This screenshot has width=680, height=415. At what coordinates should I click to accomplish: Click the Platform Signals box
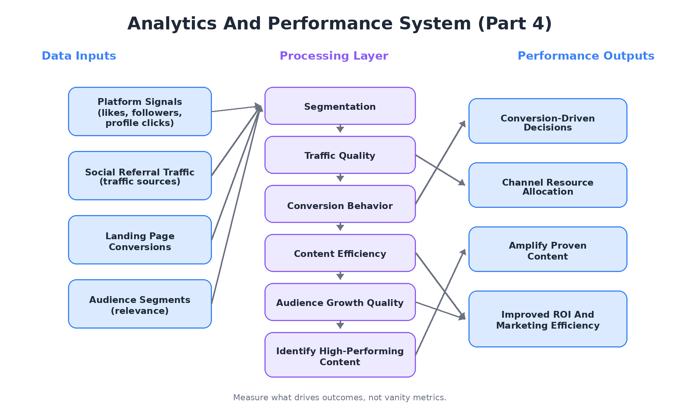(x=140, y=112)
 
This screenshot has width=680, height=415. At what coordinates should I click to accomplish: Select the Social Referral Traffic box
(x=140, y=176)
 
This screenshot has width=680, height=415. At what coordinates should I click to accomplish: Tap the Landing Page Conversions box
(x=140, y=240)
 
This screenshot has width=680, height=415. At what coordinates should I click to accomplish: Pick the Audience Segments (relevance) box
(x=140, y=304)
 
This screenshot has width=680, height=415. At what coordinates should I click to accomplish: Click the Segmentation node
(x=340, y=106)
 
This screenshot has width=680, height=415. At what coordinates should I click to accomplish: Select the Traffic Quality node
(x=340, y=155)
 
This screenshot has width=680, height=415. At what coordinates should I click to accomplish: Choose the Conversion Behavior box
(x=340, y=204)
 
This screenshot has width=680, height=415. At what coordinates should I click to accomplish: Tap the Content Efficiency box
(x=340, y=253)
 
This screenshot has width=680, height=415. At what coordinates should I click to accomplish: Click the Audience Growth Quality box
(x=340, y=302)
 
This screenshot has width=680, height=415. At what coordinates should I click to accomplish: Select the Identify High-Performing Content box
(x=340, y=355)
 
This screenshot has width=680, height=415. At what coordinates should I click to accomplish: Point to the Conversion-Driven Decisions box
(x=548, y=121)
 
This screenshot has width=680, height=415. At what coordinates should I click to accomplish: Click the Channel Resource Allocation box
(x=548, y=185)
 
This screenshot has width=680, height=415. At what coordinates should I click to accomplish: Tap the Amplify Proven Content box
(x=548, y=249)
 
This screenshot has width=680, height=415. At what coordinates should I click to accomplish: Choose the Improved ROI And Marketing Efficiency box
(x=548, y=319)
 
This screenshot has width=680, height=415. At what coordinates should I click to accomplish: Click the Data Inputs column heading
(x=79, y=56)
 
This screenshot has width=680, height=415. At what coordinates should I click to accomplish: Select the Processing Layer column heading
(x=334, y=56)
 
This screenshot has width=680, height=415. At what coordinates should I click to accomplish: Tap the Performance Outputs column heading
(x=586, y=56)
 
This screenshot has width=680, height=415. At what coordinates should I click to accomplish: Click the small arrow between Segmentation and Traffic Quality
(x=340, y=129)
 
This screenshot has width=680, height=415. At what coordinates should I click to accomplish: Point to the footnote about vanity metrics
(x=340, y=397)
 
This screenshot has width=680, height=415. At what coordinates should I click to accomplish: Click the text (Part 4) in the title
(x=515, y=23)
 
